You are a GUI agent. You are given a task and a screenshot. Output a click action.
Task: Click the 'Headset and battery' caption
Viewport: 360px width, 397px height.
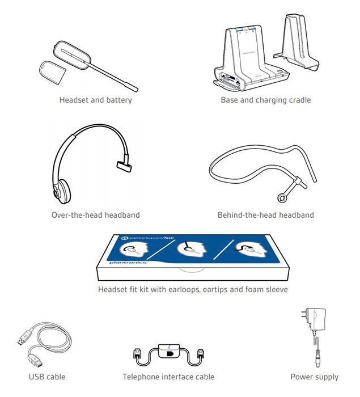click(95, 100)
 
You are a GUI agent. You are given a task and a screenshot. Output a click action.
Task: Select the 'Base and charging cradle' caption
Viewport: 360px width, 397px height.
click(266, 100)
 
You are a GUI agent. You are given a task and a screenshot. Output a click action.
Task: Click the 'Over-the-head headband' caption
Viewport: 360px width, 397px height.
click(95, 215)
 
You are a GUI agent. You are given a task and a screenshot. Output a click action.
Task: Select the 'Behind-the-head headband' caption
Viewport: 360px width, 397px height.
click(266, 215)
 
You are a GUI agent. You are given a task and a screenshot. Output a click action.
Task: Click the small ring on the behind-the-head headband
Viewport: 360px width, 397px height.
click(281, 197)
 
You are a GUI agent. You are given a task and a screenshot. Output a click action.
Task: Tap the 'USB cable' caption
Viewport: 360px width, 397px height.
click(47, 377)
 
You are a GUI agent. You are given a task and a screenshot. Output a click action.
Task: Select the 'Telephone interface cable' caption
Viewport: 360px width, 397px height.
click(168, 377)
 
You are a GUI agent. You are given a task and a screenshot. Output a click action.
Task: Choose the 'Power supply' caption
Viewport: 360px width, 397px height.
click(314, 377)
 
